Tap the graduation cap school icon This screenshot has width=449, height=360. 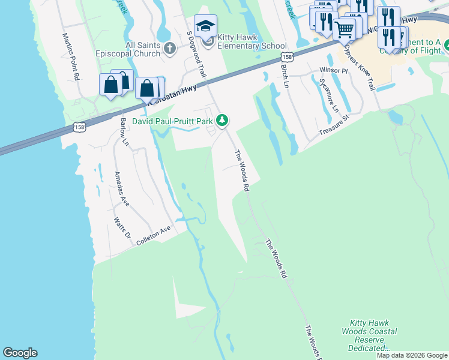(x=206, y=26)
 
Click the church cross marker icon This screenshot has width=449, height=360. (x=170, y=48)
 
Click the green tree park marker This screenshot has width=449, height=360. (x=222, y=121)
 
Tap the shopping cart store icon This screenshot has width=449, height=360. (x=345, y=28)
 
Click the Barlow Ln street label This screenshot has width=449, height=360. (x=124, y=131)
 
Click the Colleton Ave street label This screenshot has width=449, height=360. (x=154, y=236)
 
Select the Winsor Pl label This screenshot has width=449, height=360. (x=333, y=70)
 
